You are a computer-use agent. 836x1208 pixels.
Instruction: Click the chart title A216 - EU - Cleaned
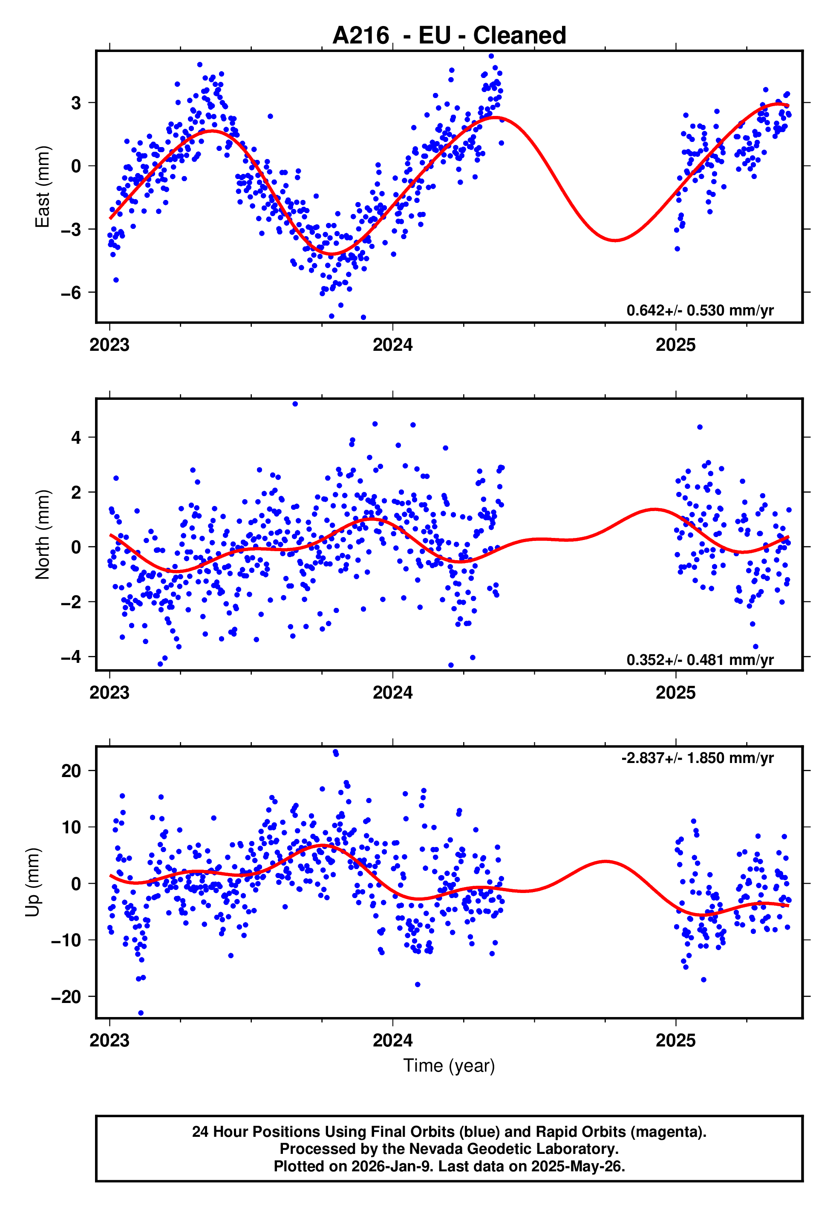tap(449, 36)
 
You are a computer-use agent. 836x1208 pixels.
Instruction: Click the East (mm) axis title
tap(42, 187)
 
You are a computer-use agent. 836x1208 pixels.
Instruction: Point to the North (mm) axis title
tap(42, 535)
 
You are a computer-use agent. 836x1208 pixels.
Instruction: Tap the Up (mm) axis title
tap(32, 882)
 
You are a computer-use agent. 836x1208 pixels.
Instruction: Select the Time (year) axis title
tap(449, 1066)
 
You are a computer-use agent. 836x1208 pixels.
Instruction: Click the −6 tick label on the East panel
tap(71, 293)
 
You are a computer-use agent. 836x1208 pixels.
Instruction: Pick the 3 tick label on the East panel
tap(76, 103)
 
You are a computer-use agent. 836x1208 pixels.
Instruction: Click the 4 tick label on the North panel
tap(76, 437)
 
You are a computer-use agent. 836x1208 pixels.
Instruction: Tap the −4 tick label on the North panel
tap(71, 657)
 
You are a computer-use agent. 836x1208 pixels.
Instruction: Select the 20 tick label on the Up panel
tap(71, 771)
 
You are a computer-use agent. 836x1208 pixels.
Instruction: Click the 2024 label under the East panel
tap(392, 345)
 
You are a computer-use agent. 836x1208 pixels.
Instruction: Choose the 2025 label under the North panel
tap(675, 693)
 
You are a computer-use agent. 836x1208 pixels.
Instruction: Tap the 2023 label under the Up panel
tap(109, 1040)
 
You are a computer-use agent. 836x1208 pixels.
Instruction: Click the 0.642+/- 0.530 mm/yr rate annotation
tap(700, 311)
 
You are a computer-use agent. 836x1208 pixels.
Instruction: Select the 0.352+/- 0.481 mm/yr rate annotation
tap(700, 659)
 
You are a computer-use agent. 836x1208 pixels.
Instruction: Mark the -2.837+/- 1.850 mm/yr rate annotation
tap(697, 758)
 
